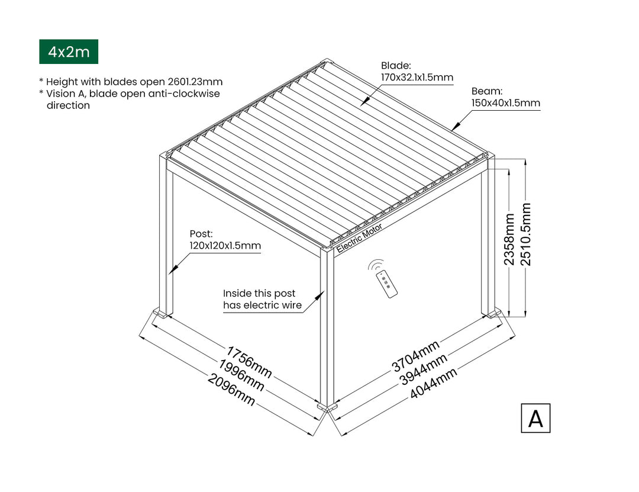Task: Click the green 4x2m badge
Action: point(69,52)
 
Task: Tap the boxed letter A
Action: point(535,418)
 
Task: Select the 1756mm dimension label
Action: point(249,362)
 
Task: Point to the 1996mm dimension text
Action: point(241,375)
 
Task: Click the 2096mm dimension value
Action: point(231,390)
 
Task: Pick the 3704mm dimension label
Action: point(416,356)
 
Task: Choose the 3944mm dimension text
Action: point(424,369)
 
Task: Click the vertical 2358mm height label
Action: point(509,239)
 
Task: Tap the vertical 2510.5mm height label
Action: point(526,234)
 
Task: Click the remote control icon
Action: point(383,278)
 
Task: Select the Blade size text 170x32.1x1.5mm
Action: point(417,77)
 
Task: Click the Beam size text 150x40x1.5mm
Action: point(506,103)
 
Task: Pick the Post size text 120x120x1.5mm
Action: point(225,246)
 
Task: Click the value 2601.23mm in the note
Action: point(195,82)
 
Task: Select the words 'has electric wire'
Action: point(263,305)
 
